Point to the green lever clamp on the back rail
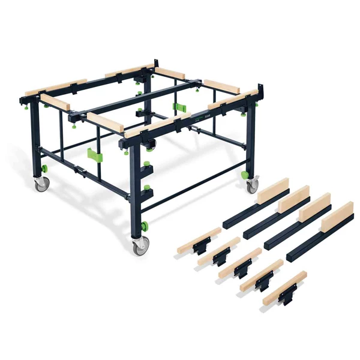coord(179,107)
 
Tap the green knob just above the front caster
coord(144,227)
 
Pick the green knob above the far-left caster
coord(43,167)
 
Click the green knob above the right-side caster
coord(245,175)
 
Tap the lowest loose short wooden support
coord(284,288)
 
